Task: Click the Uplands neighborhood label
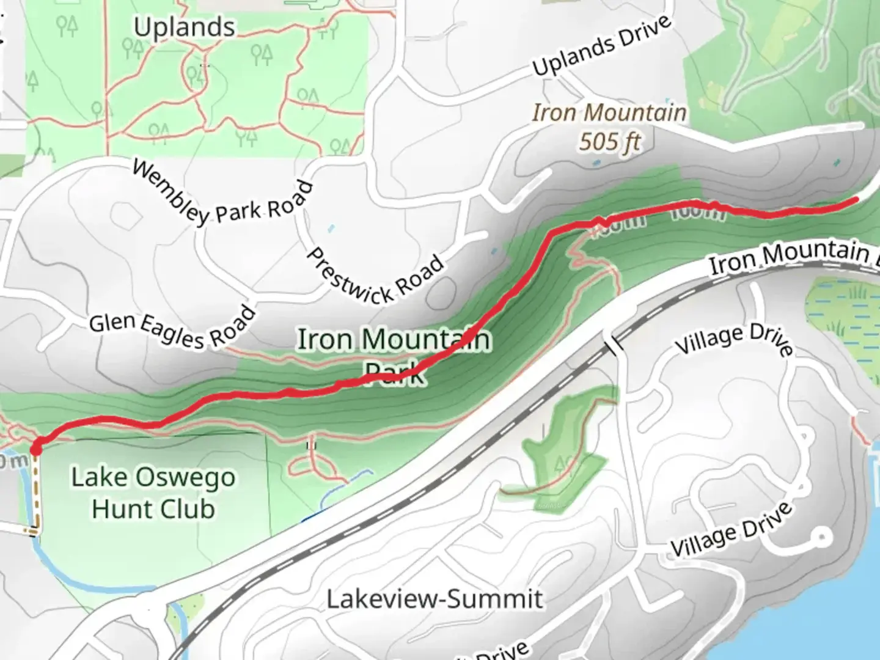pos(184,28)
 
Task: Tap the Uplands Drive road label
pos(602,46)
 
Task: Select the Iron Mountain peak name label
pos(609,113)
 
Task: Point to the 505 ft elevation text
pos(609,142)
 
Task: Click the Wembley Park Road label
pos(222,195)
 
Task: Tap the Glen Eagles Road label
pos(172,328)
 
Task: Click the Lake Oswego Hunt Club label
pos(153,493)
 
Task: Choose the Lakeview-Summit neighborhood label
pos(435,598)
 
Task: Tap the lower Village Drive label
pos(732,529)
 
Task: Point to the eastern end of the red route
pos(856,199)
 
